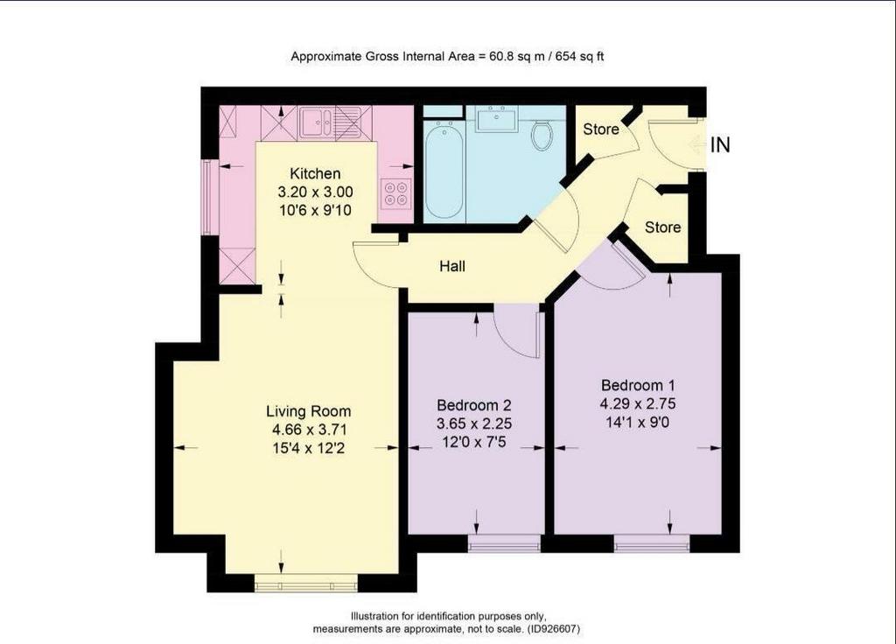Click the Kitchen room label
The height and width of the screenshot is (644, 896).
[315, 174]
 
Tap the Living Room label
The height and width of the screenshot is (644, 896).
[309, 411]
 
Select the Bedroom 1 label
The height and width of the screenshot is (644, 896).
[638, 385]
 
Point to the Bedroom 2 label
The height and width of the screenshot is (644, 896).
[473, 405]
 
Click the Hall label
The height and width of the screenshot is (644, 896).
[452, 266]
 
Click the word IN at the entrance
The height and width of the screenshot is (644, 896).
[720, 145]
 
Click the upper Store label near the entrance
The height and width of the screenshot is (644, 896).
[601, 129]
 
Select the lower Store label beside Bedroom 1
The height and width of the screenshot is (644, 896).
[663, 227]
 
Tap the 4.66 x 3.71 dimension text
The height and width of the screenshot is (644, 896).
[309, 430]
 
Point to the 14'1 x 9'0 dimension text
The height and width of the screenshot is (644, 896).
[637, 423]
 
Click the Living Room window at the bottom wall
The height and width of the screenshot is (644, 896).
[306, 583]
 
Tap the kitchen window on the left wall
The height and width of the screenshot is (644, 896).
[207, 197]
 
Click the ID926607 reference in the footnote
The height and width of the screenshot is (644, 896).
[553, 629]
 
